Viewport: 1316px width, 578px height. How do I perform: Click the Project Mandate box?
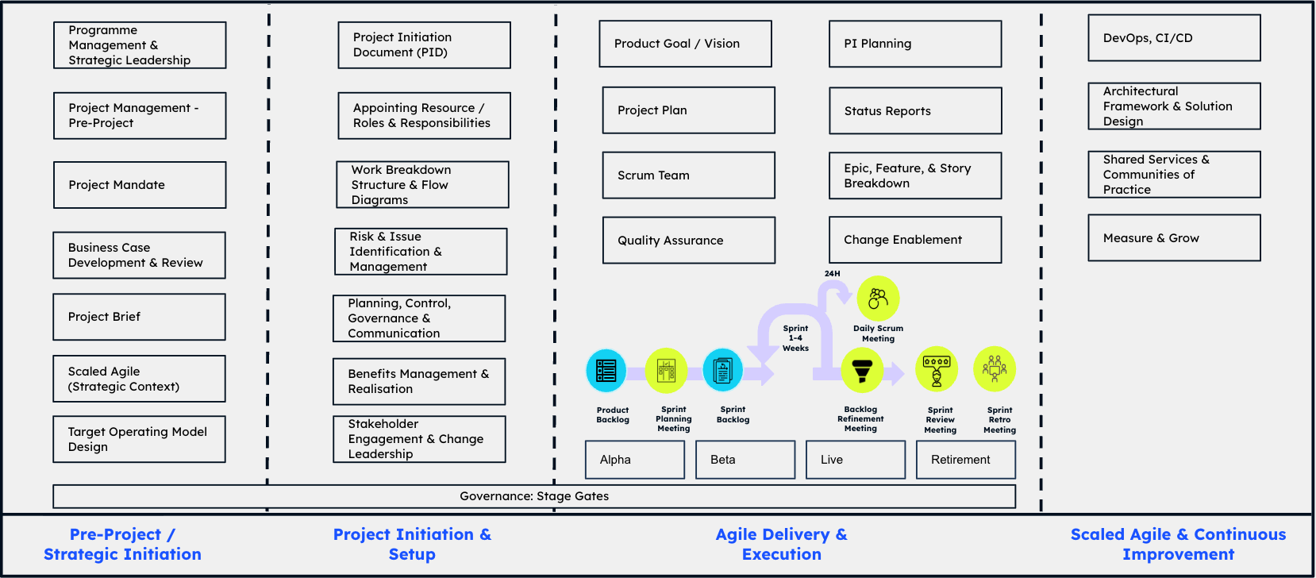click(x=140, y=185)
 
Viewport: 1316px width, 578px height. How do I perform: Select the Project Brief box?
click(x=139, y=317)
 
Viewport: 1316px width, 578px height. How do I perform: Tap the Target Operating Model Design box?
click(x=139, y=439)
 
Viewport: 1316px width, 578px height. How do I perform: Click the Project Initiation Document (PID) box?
click(x=424, y=45)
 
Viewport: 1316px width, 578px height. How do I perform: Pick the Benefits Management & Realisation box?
click(x=419, y=382)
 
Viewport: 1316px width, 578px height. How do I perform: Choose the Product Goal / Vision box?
click(x=685, y=44)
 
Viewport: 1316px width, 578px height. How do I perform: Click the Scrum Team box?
click(x=688, y=175)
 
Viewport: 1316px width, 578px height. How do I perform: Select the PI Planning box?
click(x=915, y=44)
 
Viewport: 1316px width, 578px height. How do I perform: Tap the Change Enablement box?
click(x=915, y=240)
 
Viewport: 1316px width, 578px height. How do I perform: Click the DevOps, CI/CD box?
click(x=1174, y=38)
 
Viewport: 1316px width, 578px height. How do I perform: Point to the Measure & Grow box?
click(x=1174, y=238)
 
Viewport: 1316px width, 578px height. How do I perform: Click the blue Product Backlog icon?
click(x=606, y=371)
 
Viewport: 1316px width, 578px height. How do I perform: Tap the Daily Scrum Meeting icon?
click(x=878, y=299)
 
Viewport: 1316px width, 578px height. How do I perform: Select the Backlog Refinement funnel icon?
click(x=862, y=370)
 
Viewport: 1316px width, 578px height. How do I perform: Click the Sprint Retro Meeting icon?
click(x=995, y=369)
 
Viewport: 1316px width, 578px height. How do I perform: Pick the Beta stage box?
click(x=745, y=460)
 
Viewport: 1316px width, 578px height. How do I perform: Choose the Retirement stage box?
click(x=965, y=460)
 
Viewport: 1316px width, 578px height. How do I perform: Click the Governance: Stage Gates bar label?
click(x=534, y=496)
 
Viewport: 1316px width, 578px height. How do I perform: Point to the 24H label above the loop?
click(x=832, y=274)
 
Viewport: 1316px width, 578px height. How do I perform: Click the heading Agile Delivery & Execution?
click(x=781, y=545)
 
